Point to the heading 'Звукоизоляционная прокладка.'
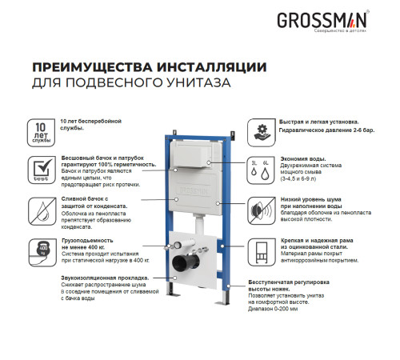pyautogui.click(x=106, y=276)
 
